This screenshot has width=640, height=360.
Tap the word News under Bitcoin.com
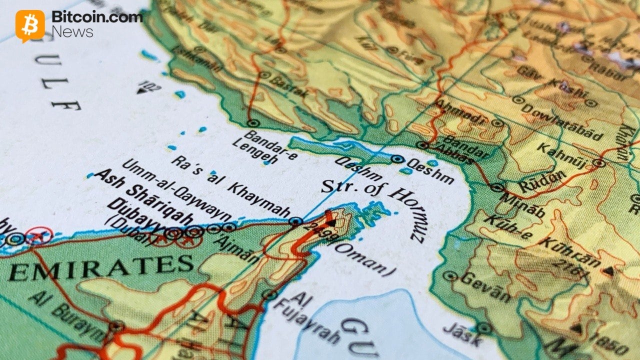tap(72, 32)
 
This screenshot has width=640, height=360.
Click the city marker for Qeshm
tap(397, 159)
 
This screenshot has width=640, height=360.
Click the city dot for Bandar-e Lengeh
tap(251, 122)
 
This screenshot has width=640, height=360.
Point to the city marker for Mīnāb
tap(496, 187)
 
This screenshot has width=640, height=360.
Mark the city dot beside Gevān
tap(450, 275)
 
